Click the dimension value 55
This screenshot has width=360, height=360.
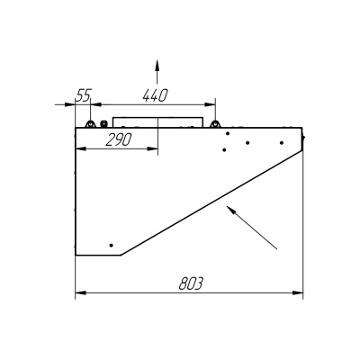tap(84, 95)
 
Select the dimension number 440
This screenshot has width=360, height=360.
tap(155, 95)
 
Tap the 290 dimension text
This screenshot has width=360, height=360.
tap(119, 139)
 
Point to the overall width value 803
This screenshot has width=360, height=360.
tap(191, 283)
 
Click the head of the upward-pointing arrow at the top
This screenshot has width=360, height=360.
tap(157, 65)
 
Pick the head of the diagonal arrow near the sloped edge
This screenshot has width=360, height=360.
tap(230, 210)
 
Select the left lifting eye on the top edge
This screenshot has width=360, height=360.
tap(90, 124)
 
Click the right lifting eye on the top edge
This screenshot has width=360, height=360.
tap(214, 124)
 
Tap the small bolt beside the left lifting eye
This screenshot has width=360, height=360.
tap(103, 123)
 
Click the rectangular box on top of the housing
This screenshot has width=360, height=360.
tap(157, 122)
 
